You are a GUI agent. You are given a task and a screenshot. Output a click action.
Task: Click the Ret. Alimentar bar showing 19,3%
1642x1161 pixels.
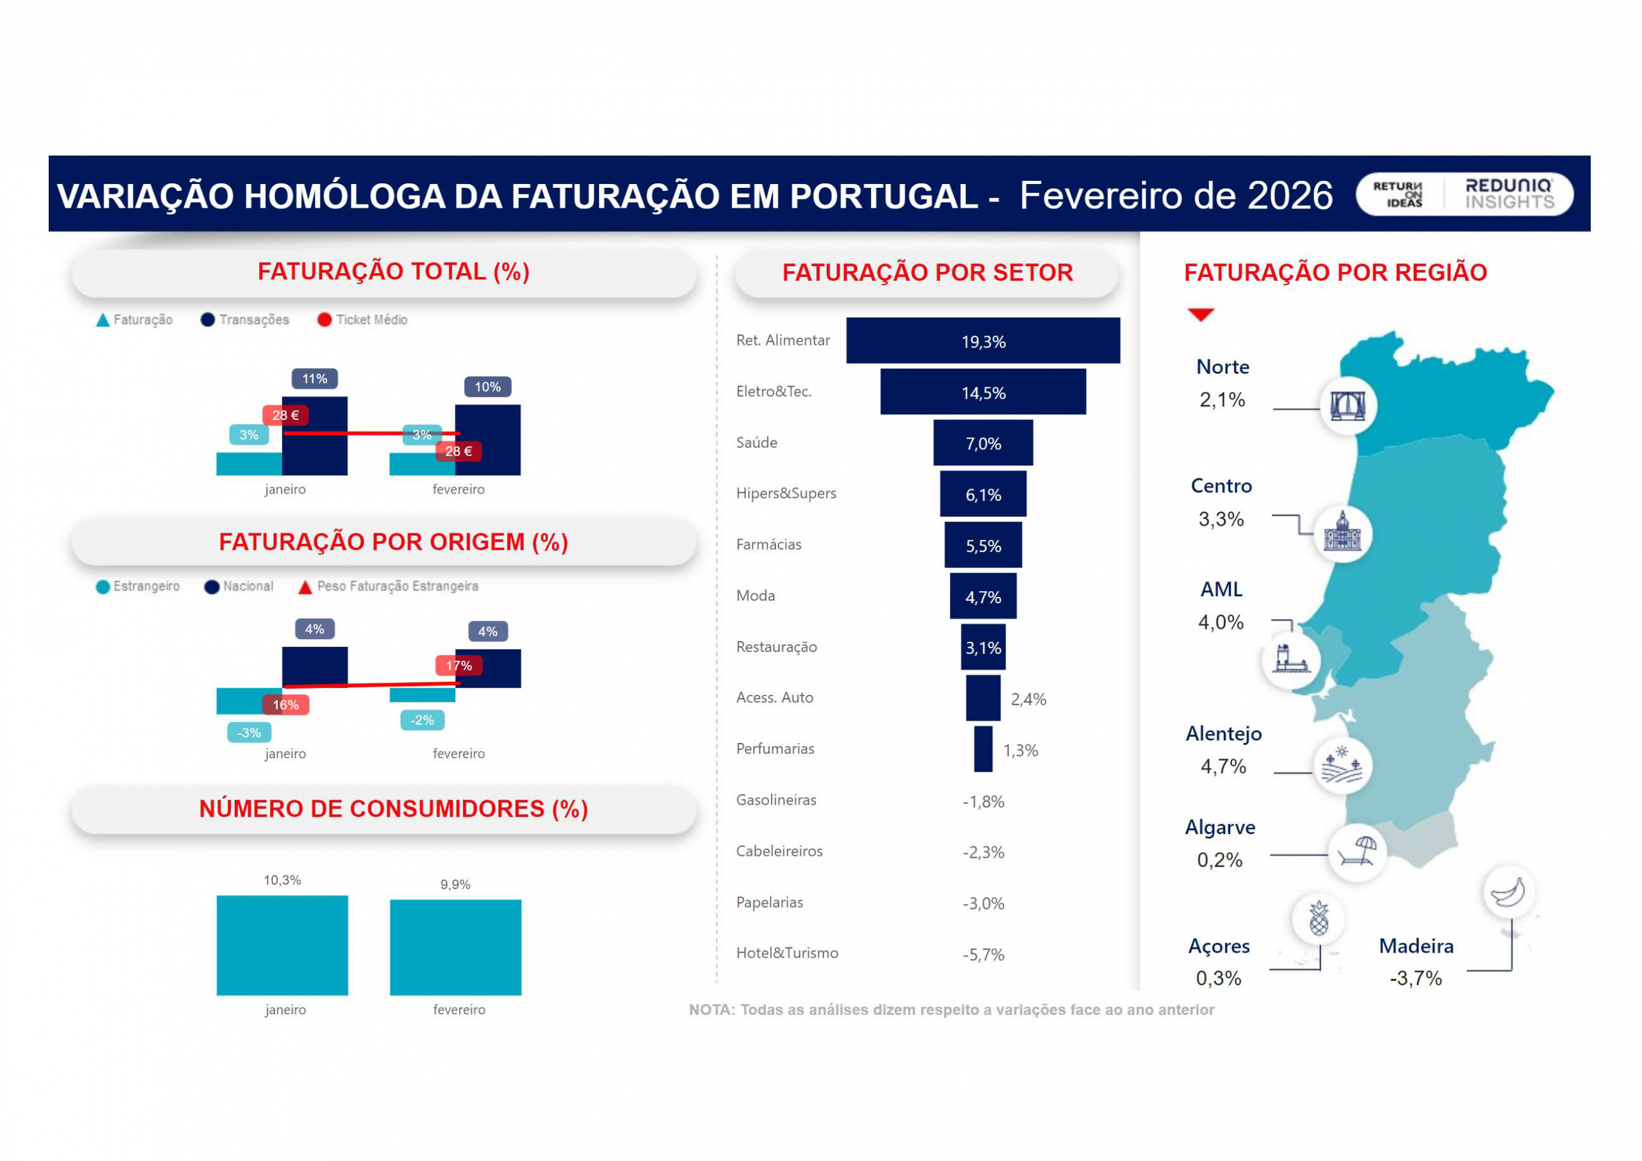point(983,340)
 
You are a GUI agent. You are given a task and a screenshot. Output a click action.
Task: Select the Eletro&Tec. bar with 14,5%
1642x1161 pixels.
point(983,392)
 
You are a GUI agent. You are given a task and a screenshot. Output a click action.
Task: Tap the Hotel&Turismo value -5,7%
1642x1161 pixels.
point(983,955)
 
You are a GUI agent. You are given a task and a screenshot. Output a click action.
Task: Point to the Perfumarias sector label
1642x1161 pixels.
point(775,749)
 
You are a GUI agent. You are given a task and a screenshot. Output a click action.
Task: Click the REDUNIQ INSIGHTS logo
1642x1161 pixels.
point(1509,194)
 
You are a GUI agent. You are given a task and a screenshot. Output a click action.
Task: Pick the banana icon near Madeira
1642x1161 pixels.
point(1508,892)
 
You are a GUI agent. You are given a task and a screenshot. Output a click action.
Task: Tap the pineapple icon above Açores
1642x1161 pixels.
point(1319,918)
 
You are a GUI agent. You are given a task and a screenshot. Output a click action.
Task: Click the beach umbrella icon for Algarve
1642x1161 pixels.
point(1357,852)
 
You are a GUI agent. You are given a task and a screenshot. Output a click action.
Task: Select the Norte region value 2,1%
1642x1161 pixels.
point(1223,399)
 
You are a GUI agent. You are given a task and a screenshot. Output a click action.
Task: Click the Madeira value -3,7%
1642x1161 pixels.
point(1416,978)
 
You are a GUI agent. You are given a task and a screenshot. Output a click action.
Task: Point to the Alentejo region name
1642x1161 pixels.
point(1224,733)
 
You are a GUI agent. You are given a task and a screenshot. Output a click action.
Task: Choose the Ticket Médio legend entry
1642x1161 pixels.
point(362,319)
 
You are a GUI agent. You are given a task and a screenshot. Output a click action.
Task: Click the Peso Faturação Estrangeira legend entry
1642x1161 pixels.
point(388,586)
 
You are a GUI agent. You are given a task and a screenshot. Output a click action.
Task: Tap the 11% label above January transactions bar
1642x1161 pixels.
point(315,378)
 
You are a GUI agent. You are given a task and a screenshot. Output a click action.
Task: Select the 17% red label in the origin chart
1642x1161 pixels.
point(459,665)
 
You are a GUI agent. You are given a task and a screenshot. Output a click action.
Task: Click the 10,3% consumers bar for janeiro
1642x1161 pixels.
point(282,944)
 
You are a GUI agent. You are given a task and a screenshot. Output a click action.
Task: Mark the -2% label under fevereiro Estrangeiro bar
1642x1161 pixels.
point(422,720)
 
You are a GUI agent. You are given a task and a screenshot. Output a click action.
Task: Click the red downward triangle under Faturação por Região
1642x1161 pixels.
point(1201,315)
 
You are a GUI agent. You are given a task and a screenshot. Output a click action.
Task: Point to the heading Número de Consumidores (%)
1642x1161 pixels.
point(393,808)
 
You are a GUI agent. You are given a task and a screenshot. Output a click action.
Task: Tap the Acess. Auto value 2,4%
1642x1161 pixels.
point(1028,699)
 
